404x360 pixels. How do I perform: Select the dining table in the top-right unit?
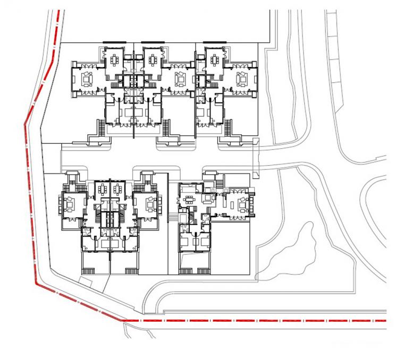[x=214, y=59]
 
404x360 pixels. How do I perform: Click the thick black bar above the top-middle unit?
[x=153, y=41]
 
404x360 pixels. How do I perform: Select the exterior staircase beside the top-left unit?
[x=99, y=127]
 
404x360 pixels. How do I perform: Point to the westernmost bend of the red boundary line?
[x=24, y=125]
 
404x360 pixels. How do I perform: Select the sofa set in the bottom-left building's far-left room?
[x=70, y=202]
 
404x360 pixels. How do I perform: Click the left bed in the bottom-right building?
[x=187, y=242]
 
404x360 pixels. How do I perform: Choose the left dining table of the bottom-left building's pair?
[x=103, y=190]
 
